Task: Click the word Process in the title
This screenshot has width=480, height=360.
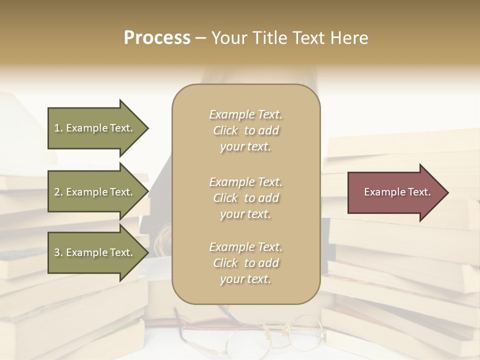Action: (x=157, y=38)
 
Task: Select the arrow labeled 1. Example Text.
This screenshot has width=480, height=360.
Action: (x=95, y=128)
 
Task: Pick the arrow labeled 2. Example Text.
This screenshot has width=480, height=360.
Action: (x=95, y=192)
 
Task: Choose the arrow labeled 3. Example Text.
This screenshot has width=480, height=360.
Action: (x=95, y=252)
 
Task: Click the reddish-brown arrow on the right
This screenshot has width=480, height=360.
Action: (x=395, y=192)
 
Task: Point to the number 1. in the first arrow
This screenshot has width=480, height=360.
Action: (x=58, y=128)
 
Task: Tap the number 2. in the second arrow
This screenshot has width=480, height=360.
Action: (x=58, y=192)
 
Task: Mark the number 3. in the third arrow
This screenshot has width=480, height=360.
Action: (x=58, y=252)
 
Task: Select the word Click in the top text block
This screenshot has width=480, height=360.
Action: (x=225, y=131)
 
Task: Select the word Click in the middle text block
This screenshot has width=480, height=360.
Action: (x=225, y=198)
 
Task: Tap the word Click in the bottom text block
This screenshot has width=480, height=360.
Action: (x=225, y=263)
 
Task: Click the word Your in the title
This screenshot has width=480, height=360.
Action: (x=229, y=38)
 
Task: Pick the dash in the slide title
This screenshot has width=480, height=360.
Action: (x=200, y=38)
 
